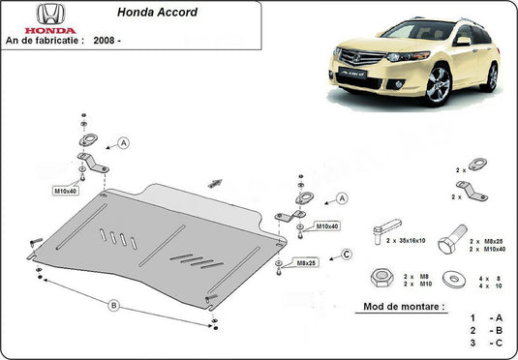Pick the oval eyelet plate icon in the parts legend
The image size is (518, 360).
475,165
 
